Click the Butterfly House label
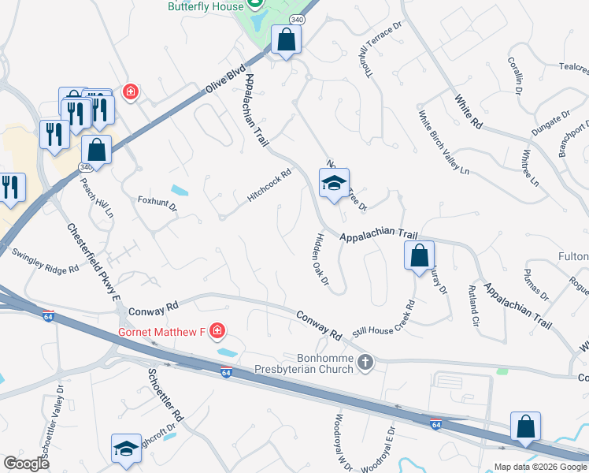(x=205, y=6)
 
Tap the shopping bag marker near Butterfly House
(x=286, y=39)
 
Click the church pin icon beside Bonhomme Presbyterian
(x=365, y=363)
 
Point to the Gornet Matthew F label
(x=161, y=331)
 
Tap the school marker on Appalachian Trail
(x=334, y=184)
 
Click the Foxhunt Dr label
(x=157, y=203)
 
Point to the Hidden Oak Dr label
(x=322, y=258)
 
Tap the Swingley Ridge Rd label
(x=45, y=261)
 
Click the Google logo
(x=26, y=464)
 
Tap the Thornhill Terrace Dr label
(x=380, y=39)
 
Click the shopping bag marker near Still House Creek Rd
(x=419, y=256)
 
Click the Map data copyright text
(x=540, y=467)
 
